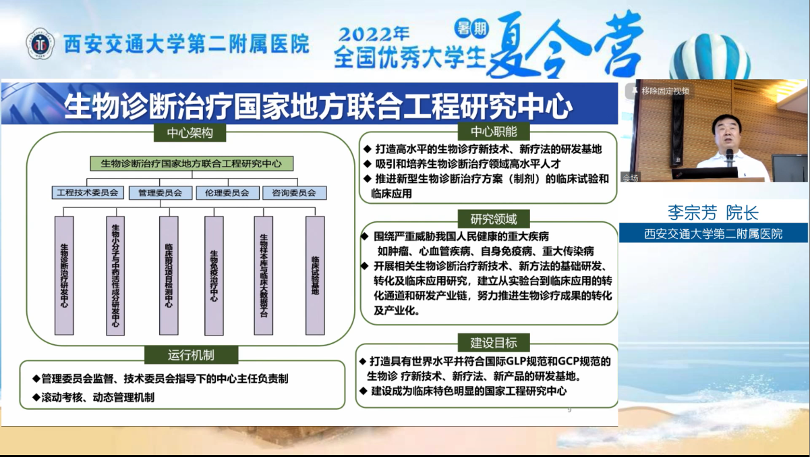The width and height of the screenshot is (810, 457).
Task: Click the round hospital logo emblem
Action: (40, 44)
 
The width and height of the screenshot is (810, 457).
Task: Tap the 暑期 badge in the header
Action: (472, 28)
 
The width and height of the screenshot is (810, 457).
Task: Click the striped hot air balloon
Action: (710, 57)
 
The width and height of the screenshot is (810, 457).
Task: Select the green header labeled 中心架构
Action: (190, 133)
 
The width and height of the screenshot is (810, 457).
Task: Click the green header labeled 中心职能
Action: (494, 132)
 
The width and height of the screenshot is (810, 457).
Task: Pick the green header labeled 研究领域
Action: (494, 219)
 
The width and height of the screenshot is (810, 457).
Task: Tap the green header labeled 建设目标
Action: (494, 342)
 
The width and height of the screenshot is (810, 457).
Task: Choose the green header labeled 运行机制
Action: (191, 355)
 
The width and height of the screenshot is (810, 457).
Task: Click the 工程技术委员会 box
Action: (88, 192)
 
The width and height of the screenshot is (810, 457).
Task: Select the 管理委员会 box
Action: (161, 192)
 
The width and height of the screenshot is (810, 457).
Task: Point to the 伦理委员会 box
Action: (227, 192)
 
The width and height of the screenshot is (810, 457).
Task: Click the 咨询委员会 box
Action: (294, 192)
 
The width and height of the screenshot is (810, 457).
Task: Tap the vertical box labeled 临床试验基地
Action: (315, 275)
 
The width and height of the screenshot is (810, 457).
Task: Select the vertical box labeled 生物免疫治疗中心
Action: (214, 275)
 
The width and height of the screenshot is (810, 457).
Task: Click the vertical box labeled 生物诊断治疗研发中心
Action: (64, 275)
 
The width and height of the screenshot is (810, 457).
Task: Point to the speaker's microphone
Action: (730, 158)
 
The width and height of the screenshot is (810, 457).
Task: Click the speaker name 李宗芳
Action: (692, 213)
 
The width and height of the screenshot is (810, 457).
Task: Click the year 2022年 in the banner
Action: (374, 34)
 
